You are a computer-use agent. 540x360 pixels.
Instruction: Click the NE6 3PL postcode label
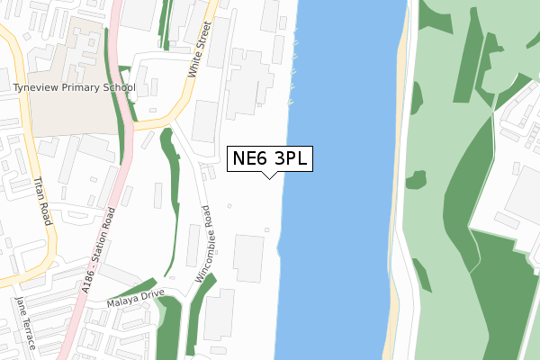pos(269,158)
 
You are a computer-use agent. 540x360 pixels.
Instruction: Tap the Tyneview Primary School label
pos(74,88)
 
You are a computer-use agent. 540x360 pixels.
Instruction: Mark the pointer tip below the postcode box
pos(269,176)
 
